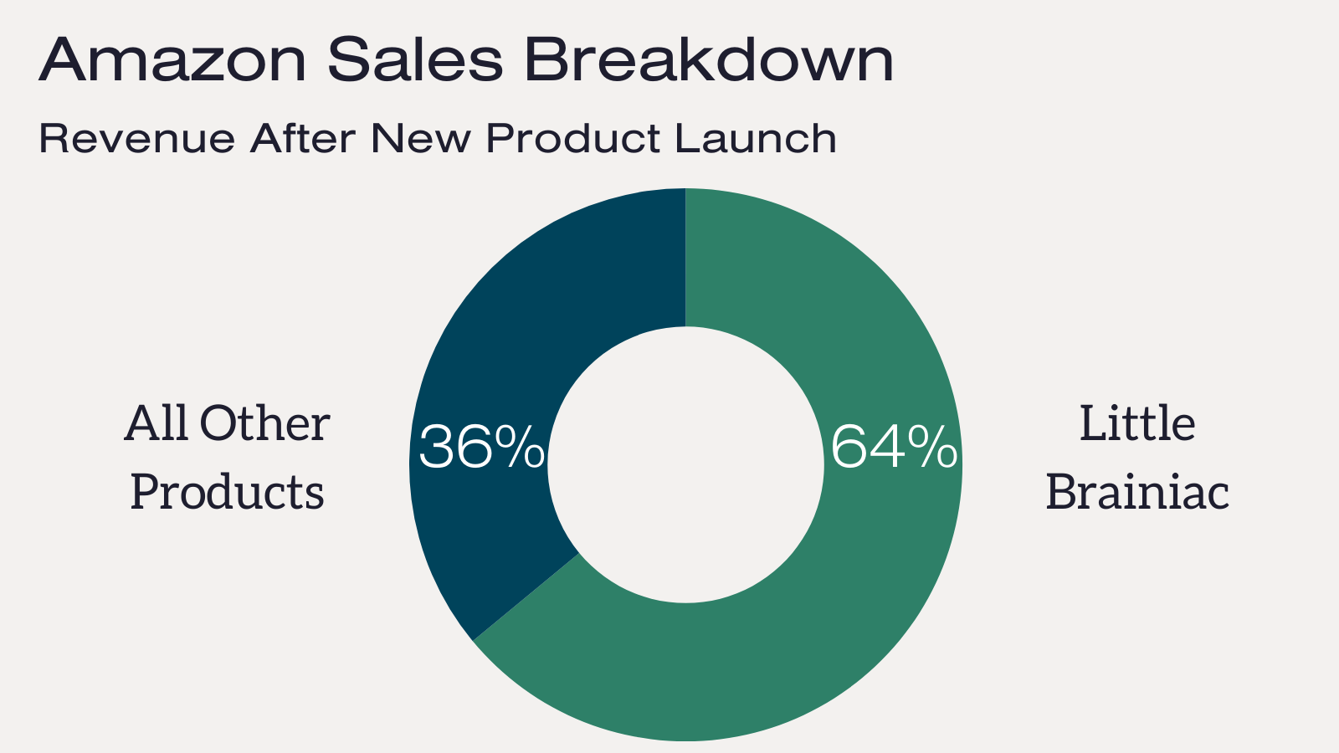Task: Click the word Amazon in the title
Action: (172, 59)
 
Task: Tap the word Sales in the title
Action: (415, 59)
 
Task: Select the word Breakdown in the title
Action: (709, 59)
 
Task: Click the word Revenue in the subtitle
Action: (137, 139)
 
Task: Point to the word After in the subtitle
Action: (303, 138)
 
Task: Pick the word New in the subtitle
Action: (421, 138)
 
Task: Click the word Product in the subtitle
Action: (573, 138)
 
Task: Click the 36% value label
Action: (482, 447)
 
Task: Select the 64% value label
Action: (895, 447)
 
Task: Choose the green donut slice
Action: (837, 538)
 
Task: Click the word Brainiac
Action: (1137, 491)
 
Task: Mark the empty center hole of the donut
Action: (685, 465)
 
